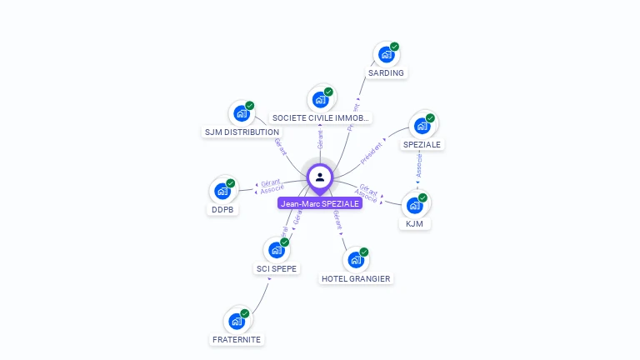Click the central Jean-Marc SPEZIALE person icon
(320, 177)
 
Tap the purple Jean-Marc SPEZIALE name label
(320, 203)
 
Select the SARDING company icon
(386, 54)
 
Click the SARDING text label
(386, 72)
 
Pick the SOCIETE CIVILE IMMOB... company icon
(320, 99)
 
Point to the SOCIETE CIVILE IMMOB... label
(321, 118)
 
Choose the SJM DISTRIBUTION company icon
(242, 113)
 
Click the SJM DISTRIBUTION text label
(242, 132)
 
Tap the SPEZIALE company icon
(422, 126)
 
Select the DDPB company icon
(222, 191)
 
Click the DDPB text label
(222, 209)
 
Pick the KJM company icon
(415, 205)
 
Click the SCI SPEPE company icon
(277, 249)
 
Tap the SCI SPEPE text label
(277, 268)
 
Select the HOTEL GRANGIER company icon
(356, 259)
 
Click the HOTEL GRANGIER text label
(356, 278)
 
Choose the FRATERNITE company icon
(237, 321)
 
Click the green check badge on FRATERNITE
(245, 313)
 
